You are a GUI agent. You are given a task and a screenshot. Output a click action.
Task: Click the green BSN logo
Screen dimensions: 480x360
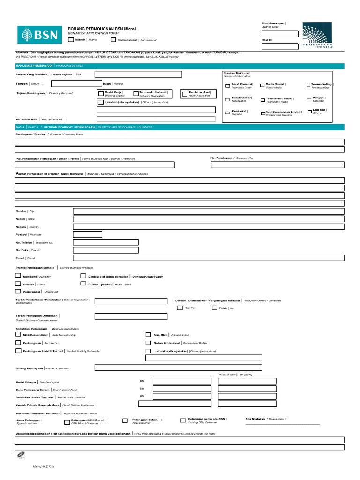coord(39,34)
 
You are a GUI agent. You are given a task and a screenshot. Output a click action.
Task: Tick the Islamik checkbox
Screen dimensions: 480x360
coord(71,40)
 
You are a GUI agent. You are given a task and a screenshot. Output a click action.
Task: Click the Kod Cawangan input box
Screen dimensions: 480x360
coord(280,34)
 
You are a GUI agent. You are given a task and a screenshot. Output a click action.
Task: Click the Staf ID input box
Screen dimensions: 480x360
coord(280,46)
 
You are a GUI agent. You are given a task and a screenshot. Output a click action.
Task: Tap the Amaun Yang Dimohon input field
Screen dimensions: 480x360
coord(155,74)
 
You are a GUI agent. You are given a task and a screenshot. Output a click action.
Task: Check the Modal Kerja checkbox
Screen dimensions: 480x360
coord(101,93)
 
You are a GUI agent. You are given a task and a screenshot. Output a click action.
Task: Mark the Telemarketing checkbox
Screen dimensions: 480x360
coord(308,86)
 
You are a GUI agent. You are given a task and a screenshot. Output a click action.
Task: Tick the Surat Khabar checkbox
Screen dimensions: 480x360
coord(228,99)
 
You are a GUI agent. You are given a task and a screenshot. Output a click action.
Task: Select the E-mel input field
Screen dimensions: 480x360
coord(209,257)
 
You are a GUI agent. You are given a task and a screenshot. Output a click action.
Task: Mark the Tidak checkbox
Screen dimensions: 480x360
coord(214,308)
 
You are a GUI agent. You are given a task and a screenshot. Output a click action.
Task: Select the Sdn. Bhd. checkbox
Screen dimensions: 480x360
coord(149,335)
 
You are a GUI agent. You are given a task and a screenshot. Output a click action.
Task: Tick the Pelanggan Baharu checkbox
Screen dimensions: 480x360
coord(125,420)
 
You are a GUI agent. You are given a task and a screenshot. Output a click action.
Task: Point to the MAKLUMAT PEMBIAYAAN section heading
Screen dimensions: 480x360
coord(34,66)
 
